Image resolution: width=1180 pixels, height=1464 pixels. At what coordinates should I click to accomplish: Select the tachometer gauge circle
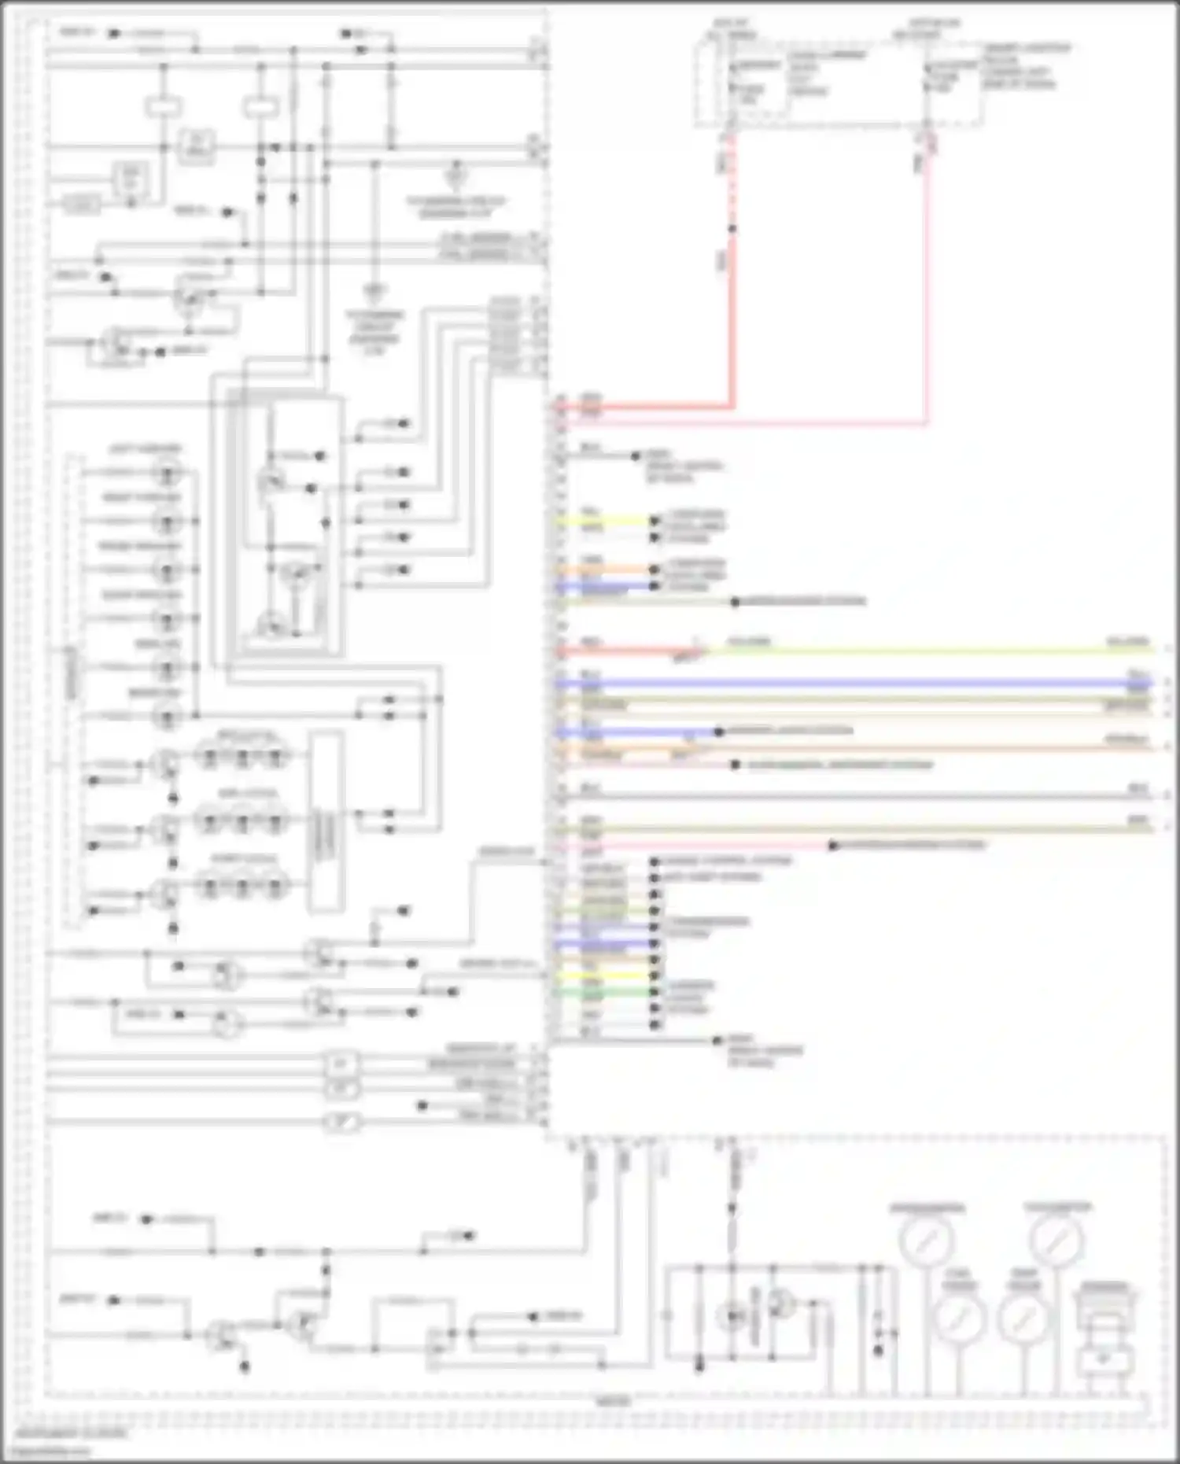click(x=1056, y=1240)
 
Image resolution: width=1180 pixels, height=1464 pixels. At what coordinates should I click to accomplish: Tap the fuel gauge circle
click(x=959, y=1318)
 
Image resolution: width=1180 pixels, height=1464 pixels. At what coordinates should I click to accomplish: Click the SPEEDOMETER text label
click(x=927, y=1208)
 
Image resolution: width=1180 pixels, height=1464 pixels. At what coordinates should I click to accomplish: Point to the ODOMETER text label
click(x=1104, y=1287)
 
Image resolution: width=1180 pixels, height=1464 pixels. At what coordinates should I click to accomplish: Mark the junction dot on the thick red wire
click(x=732, y=229)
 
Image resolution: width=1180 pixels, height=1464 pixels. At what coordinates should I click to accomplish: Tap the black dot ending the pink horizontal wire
click(x=832, y=846)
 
